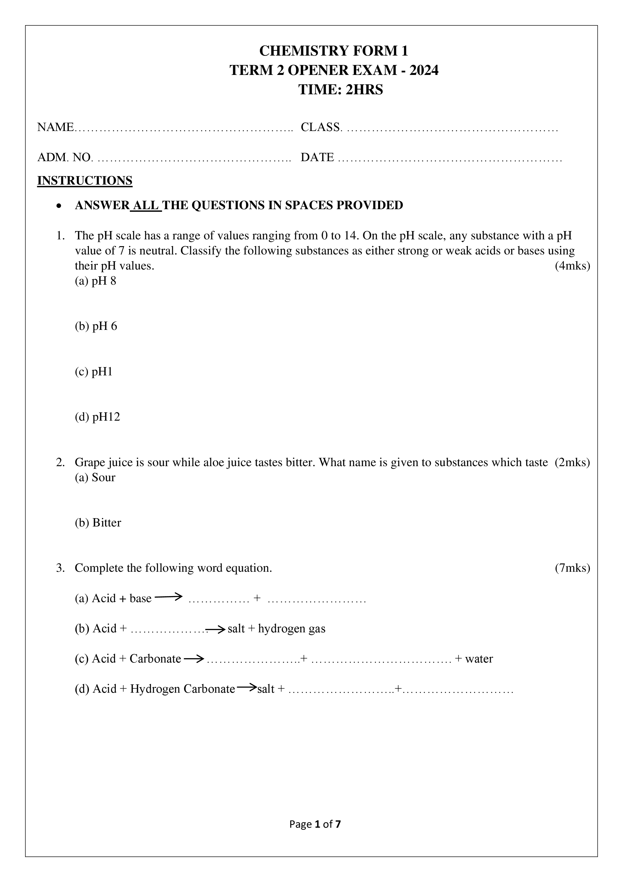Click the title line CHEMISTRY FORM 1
pyautogui.click(x=334, y=51)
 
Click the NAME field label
pyautogui.click(x=55, y=127)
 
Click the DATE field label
pyautogui.click(x=317, y=157)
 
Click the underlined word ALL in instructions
pyautogui.click(x=146, y=205)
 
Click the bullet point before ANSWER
pyautogui.click(x=58, y=206)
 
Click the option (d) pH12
pyautogui.click(x=97, y=417)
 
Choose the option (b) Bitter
pyautogui.click(x=98, y=522)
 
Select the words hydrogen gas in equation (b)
pyautogui.click(x=292, y=629)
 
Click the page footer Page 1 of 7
pyautogui.click(x=315, y=824)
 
